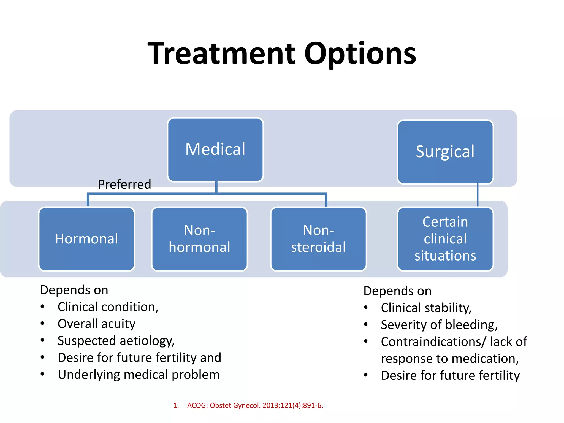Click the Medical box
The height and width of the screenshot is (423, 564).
[215, 150]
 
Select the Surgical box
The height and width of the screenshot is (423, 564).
[445, 152]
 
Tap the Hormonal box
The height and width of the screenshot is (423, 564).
[86, 239]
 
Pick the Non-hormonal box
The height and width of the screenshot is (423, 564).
[199, 239]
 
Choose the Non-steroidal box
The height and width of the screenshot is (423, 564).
[318, 239]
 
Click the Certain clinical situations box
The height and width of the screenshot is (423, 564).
[445, 239]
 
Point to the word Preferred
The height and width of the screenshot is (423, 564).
[124, 184]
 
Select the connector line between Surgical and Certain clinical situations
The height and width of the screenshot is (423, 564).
[478, 195]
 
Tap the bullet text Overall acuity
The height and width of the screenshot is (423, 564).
[96, 324]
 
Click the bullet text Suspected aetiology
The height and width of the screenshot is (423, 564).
[116, 341]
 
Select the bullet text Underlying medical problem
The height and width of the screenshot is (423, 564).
[139, 375]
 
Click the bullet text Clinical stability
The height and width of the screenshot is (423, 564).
[426, 308]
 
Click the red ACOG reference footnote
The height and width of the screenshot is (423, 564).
[255, 405]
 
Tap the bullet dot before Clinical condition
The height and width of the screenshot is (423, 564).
[42, 307]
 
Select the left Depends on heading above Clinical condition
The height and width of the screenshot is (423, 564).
[74, 290]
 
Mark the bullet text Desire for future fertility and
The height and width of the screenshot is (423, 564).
[139, 358]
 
